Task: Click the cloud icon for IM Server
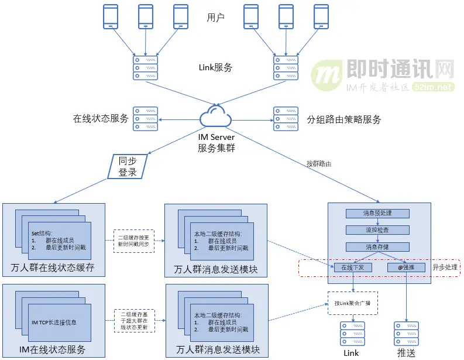tap(216, 117)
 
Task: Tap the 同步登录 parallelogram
tap(128, 166)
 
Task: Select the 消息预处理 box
tap(377, 214)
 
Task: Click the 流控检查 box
tap(377, 230)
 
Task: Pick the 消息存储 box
tap(377, 247)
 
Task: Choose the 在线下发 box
tap(353, 268)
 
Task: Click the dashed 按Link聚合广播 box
tap(352, 303)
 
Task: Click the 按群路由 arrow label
tap(319, 164)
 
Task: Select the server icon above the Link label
tap(351, 332)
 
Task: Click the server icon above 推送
tap(405, 332)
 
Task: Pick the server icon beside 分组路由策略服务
tap(286, 118)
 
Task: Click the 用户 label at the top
tap(215, 18)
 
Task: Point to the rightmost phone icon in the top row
tap(321, 18)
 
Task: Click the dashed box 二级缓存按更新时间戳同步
tap(133, 241)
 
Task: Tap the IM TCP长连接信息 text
tap(54, 322)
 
